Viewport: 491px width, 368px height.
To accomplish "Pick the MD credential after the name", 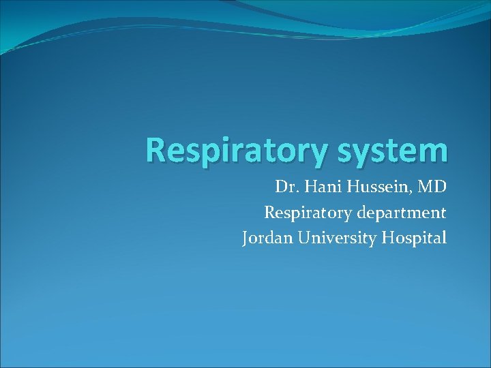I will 432,187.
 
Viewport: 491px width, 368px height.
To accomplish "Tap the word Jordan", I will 266,238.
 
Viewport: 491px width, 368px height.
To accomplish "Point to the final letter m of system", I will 435,153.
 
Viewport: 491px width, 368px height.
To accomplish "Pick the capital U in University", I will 302,238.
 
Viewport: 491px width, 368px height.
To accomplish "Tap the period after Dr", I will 295,191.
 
